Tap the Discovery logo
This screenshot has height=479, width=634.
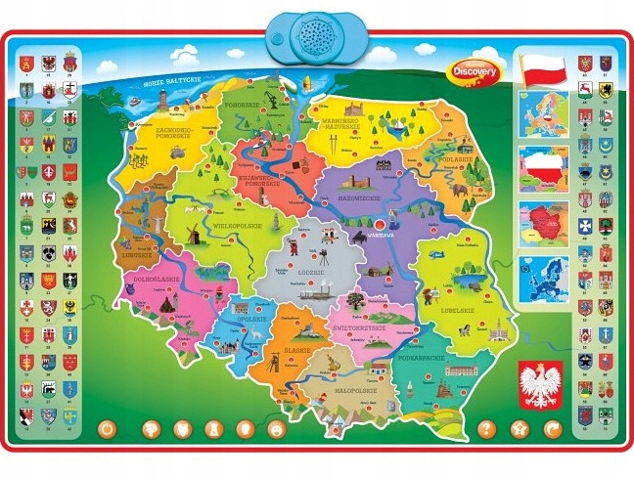476,67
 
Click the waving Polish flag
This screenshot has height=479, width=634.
545,69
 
